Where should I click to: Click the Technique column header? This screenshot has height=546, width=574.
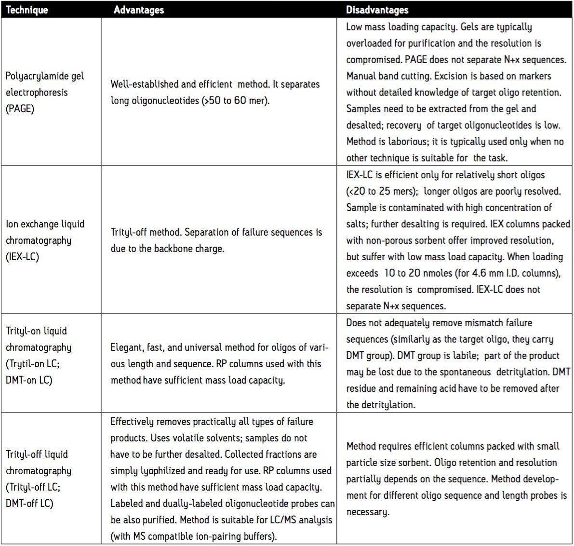coord(27,10)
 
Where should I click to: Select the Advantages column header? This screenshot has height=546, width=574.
coord(139,10)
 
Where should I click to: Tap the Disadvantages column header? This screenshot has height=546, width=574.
coord(377,10)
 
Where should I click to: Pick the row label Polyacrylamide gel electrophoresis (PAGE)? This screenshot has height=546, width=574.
coord(44,92)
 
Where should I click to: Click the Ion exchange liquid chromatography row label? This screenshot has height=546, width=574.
coord(45,240)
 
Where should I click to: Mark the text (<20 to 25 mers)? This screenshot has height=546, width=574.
coord(381,191)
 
